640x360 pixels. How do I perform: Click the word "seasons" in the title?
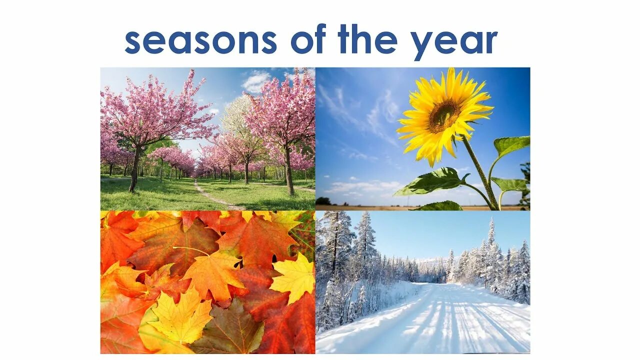tap(200, 41)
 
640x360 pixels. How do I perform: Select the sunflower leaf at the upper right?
tap(511, 144)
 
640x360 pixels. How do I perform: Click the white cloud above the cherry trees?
tap(256, 81)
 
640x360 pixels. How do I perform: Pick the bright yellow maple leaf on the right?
tap(295, 278)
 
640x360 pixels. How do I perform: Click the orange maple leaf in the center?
tap(212, 275)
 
